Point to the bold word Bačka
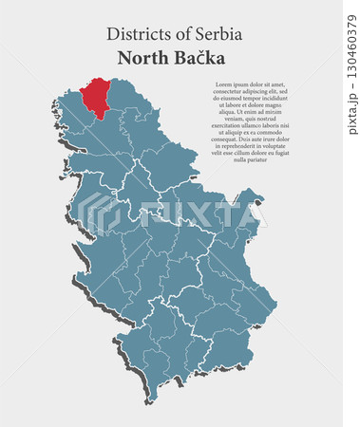[199, 58]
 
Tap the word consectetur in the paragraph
[224, 91]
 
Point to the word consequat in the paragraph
[225, 139]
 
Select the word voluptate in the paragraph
[281, 146]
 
